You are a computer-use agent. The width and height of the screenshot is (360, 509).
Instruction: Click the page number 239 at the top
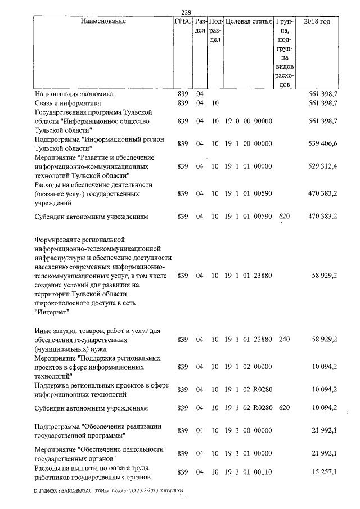(x=187, y=12)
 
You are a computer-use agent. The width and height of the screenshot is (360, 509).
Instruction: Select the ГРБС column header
(x=182, y=22)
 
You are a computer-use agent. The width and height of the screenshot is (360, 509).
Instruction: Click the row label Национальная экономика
(x=74, y=94)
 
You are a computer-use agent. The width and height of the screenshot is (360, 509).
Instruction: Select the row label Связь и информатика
(x=67, y=103)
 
